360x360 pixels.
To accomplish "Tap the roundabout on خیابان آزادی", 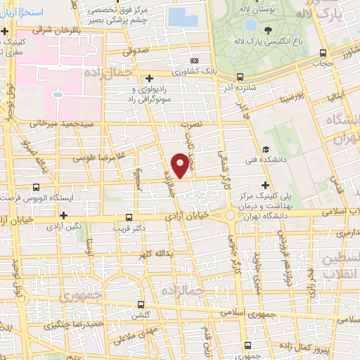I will (231, 215).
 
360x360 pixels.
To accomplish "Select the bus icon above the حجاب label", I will (323, 53).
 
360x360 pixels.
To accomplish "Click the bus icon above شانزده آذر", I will (240, 77).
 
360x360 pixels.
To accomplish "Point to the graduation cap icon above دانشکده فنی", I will (266, 149).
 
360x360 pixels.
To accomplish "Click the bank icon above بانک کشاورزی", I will (195, 61).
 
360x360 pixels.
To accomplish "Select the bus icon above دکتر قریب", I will (129, 218).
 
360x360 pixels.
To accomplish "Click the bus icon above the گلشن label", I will (142, 305).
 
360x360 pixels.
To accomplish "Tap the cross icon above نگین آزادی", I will (64, 215).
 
